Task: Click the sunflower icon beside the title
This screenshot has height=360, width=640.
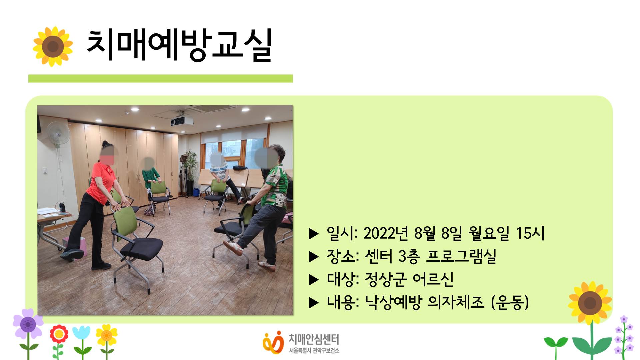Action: [53, 46]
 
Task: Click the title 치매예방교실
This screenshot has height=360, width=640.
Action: [179, 45]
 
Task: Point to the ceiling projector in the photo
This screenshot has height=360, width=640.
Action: [182, 121]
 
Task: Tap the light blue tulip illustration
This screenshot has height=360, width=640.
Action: [81, 333]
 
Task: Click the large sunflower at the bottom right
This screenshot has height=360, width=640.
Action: [590, 303]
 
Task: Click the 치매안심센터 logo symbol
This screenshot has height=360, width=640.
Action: [273, 343]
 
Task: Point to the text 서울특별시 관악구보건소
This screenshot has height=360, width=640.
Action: [314, 351]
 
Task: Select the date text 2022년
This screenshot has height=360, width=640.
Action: [386, 233]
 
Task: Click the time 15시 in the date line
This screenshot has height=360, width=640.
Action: [530, 233]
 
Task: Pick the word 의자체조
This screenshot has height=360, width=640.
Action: [456, 302]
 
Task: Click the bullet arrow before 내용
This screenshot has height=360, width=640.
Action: [314, 303]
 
